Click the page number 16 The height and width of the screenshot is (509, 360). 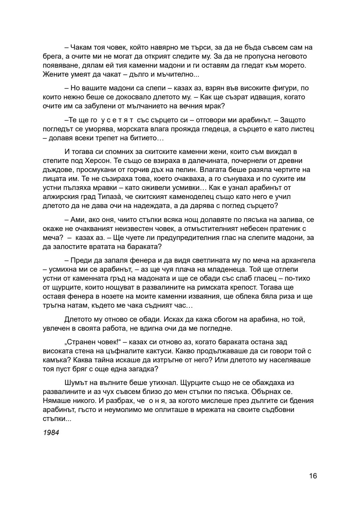tap(313, 476)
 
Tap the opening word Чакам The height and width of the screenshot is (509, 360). tap(80, 47)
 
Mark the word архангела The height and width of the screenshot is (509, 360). tap(299, 260)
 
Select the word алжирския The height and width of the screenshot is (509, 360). tap(59, 197)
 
